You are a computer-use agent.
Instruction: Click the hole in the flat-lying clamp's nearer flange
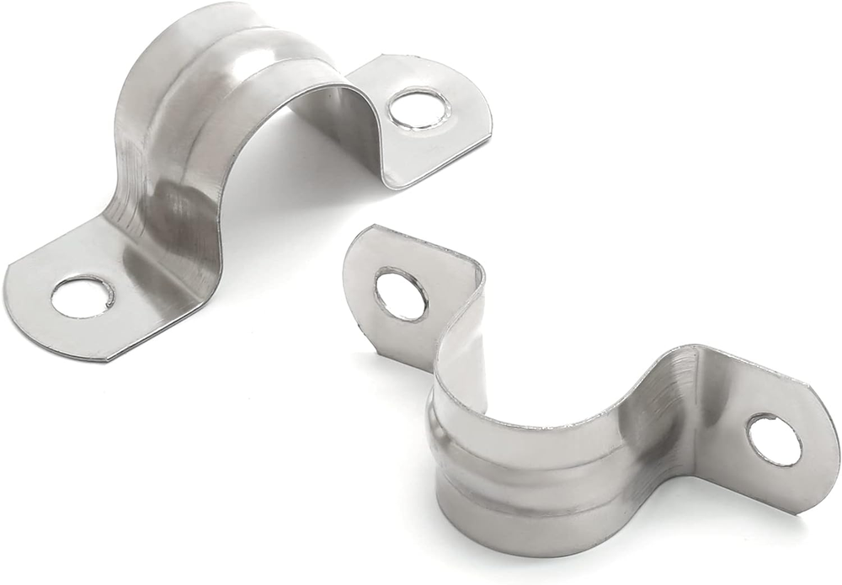pyautogui.click(x=82, y=297)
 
